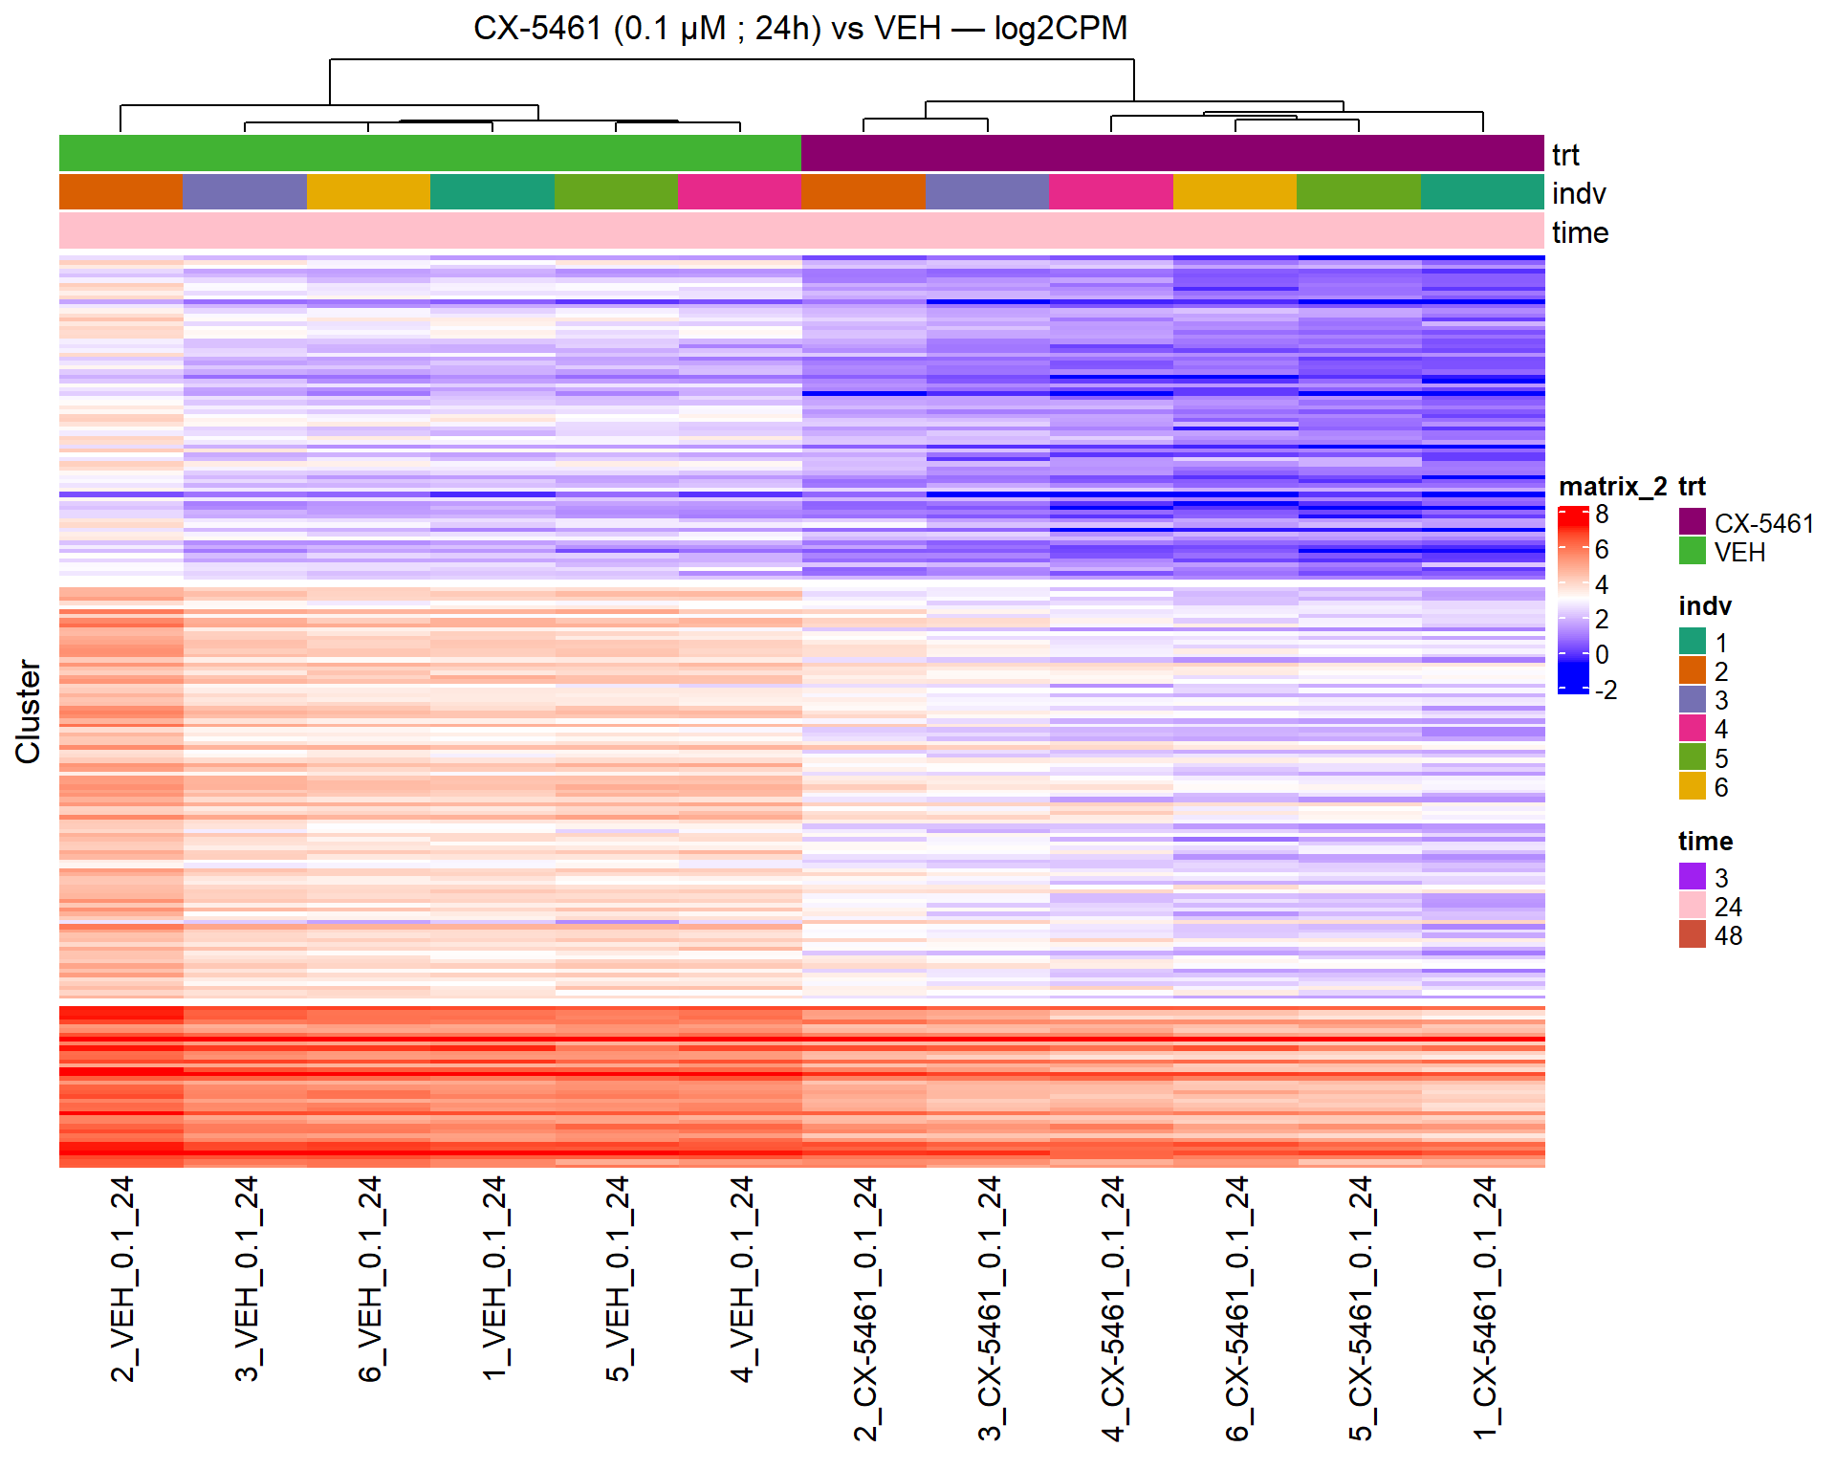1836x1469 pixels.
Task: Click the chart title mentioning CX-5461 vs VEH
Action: tap(800, 29)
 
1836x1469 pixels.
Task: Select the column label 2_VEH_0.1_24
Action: tap(122, 1279)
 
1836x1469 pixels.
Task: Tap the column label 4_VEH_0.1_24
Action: tap(742, 1279)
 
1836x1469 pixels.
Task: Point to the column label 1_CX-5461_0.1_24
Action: tap(1484, 1307)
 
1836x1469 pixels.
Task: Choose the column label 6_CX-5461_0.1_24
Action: tap(1236, 1307)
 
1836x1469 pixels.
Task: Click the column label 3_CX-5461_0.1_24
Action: tap(990, 1307)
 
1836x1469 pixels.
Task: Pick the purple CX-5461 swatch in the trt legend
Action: tap(1692, 522)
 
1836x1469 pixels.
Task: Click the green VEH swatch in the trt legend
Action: tap(1692, 551)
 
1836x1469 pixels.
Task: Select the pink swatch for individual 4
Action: tap(1692, 729)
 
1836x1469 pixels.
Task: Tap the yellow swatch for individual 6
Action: tap(1692, 786)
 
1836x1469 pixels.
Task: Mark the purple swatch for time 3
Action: tap(1692, 877)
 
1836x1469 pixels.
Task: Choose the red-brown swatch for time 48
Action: tap(1692, 934)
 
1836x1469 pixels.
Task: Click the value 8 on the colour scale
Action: tap(1602, 515)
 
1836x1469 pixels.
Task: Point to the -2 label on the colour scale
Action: tap(1606, 690)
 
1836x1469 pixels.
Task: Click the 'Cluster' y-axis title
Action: tap(28, 711)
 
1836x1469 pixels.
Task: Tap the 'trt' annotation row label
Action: tap(1565, 155)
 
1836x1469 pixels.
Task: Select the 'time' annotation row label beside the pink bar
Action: tap(1580, 232)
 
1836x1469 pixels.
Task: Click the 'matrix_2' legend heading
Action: tap(1612, 486)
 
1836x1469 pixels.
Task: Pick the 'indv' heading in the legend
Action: tap(1704, 605)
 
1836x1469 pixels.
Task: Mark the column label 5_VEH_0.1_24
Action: tap(618, 1279)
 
